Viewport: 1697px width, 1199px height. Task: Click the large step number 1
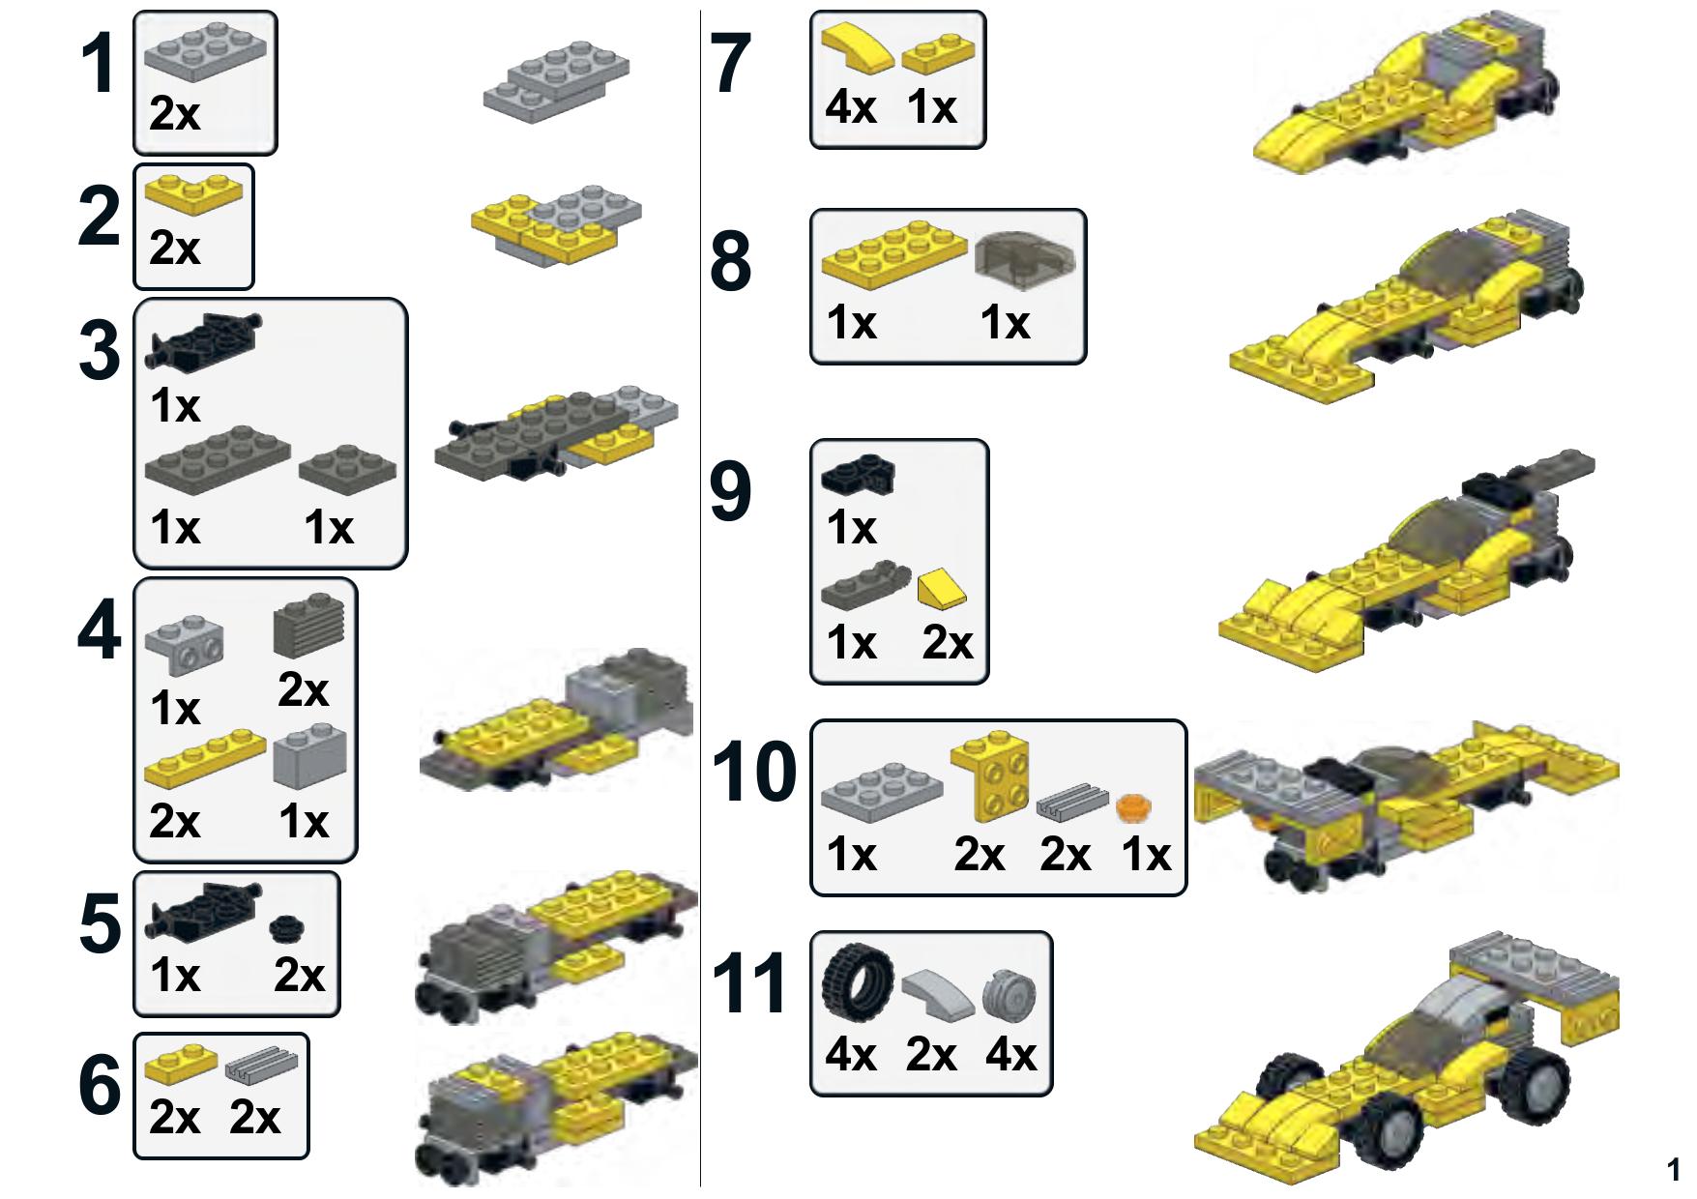coord(99,64)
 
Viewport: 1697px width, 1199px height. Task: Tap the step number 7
coord(731,64)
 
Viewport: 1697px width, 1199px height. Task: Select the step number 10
coord(755,773)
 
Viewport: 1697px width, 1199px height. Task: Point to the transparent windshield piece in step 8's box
coord(1027,261)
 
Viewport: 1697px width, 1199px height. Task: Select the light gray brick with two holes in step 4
coord(185,647)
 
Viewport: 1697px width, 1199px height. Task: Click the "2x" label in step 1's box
coord(175,114)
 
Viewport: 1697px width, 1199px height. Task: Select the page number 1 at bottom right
coord(1674,1170)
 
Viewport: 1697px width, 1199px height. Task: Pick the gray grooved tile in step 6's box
coord(262,1066)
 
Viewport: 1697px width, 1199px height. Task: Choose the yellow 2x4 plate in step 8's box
coord(894,255)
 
